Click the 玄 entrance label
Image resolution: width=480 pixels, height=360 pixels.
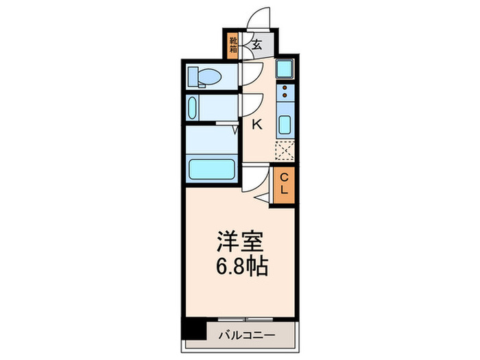(x=256, y=46)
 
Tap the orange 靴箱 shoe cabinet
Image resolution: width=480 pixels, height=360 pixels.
(x=233, y=45)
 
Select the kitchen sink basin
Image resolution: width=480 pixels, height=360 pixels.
(x=285, y=126)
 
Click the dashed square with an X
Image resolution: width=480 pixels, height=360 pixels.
(x=285, y=151)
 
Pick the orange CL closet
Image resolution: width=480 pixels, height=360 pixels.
(x=285, y=184)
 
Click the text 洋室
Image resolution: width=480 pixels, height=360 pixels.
(x=239, y=243)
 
